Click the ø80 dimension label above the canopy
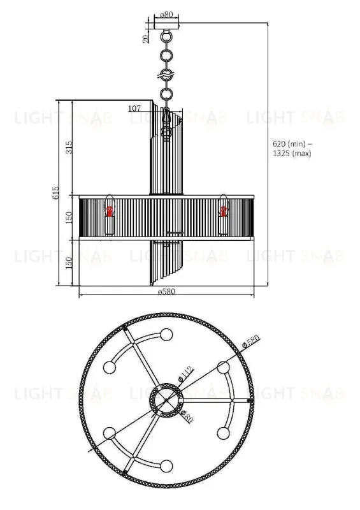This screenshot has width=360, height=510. click(166, 14)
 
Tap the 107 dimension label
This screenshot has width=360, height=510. click(134, 108)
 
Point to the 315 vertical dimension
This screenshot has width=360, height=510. click(69, 147)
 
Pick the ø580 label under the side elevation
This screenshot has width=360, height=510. click(166, 291)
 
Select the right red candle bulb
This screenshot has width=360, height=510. click(224, 208)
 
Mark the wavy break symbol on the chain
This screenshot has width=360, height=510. click(166, 76)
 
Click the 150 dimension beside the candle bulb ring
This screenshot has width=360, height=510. click(69, 217)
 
